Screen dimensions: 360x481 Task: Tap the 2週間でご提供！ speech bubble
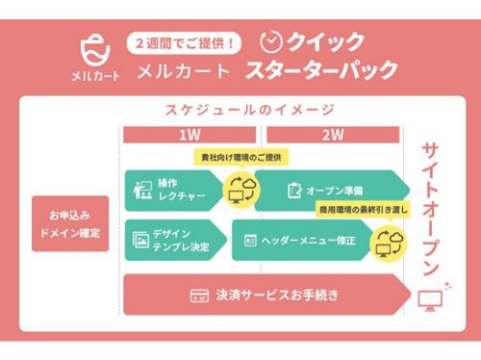(x=187, y=43)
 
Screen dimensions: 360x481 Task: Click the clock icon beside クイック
(x=273, y=41)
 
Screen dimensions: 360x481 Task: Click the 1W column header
(x=190, y=135)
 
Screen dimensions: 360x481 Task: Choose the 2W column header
(x=333, y=135)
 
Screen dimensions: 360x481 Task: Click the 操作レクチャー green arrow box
(x=173, y=190)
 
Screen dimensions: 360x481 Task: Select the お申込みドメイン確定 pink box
(x=69, y=223)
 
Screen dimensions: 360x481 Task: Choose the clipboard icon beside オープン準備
(x=294, y=190)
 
